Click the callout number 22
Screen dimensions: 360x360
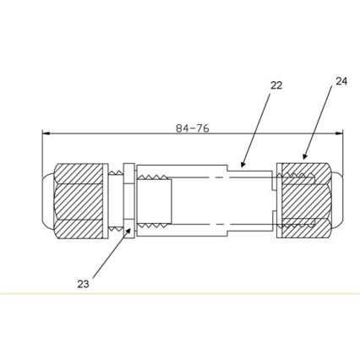point(276,85)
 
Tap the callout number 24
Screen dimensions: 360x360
point(341,81)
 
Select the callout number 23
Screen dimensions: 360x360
point(83,284)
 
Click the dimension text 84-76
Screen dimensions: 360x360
point(192,128)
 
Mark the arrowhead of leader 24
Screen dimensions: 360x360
point(303,160)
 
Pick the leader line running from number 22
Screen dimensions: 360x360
point(258,127)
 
